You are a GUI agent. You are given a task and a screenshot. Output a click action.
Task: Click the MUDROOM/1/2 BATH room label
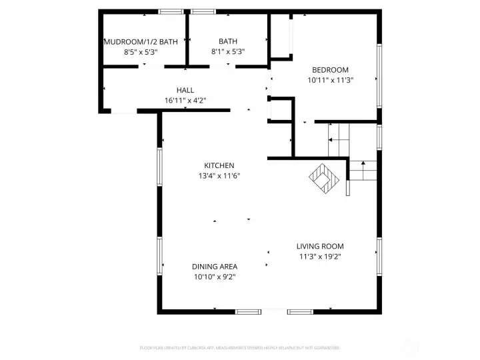[141, 41]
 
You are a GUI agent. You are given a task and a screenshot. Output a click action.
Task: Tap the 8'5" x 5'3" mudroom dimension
[141, 51]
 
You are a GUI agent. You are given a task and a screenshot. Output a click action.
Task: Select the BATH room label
[228, 41]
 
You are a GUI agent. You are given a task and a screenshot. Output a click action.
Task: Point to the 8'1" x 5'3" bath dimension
[228, 51]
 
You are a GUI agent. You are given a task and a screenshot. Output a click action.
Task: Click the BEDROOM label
[330, 70]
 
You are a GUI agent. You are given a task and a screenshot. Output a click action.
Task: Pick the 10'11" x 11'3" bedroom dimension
[330, 80]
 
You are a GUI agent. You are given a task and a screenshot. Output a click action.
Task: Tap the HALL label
[185, 91]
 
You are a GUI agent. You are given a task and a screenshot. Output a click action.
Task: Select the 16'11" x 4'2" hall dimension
[185, 101]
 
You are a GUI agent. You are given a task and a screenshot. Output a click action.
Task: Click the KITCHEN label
[219, 165]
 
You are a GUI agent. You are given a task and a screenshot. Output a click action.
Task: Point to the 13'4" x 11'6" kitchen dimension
[219, 176]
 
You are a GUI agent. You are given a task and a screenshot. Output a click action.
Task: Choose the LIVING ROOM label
[320, 246]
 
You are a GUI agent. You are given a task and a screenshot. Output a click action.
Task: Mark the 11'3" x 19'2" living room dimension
[320, 256]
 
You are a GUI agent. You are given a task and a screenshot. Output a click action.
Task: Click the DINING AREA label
[214, 266]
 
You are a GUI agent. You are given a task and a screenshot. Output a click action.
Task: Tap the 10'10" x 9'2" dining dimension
[214, 276]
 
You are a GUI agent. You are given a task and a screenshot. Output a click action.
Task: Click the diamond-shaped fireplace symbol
[325, 178]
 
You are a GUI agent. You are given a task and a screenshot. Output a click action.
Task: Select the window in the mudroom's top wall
[171, 11]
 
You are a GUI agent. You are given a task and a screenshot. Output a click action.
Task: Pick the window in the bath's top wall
[203, 11]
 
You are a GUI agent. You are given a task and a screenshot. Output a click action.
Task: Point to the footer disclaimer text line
[239, 347]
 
